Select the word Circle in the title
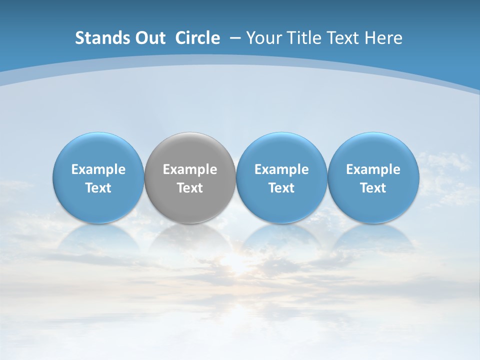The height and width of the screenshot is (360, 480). click(197, 38)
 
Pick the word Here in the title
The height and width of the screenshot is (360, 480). click(383, 38)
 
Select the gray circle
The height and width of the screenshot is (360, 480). click(190, 150)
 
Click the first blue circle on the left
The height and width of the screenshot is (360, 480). click(98, 150)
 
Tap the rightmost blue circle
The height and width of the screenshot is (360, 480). click(373, 150)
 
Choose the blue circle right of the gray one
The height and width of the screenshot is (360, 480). click(281, 150)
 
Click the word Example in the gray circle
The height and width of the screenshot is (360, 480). click(190, 169)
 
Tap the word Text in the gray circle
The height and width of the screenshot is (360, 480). click(190, 188)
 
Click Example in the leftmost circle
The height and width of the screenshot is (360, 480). click(98, 169)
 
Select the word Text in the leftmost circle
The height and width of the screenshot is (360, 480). click(98, 188)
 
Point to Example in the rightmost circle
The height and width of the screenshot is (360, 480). click(373, 169)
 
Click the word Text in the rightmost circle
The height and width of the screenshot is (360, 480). click(373, 188)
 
